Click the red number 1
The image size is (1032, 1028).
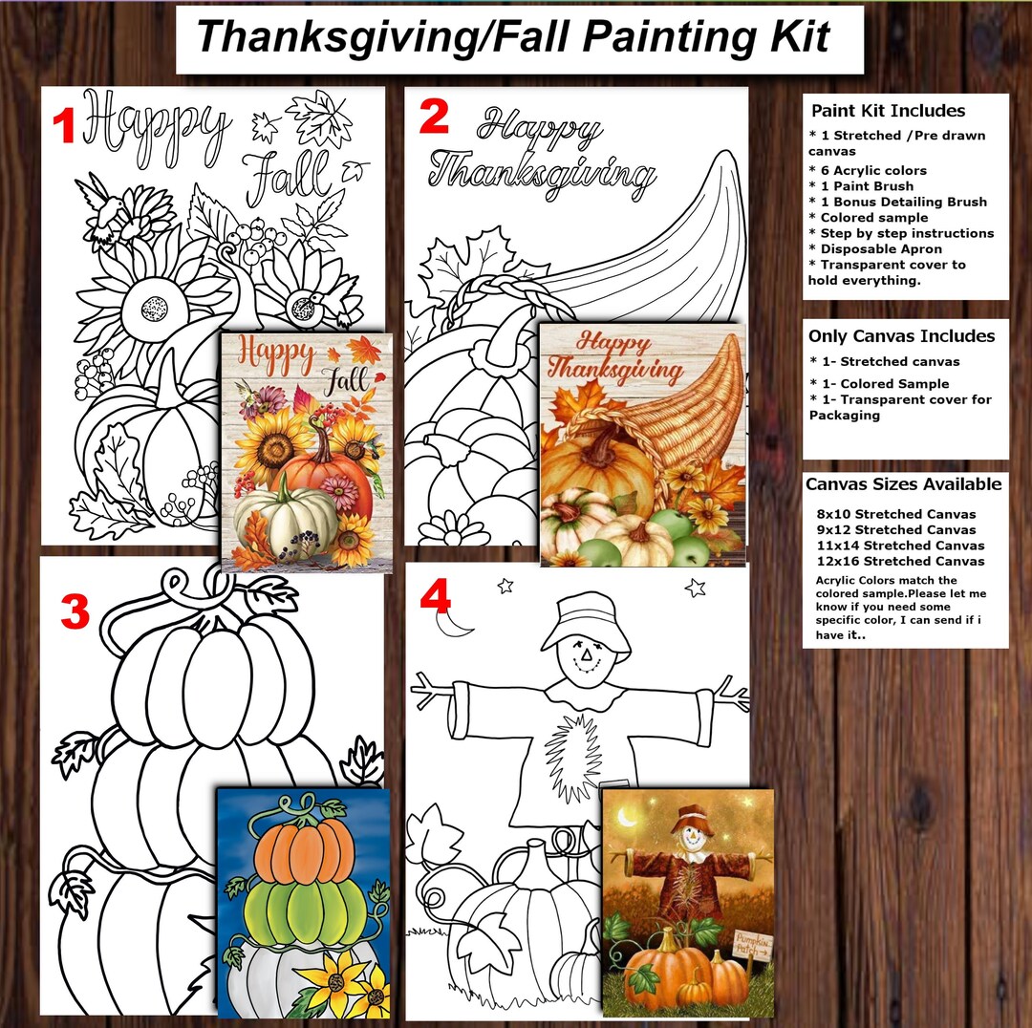[63, 126]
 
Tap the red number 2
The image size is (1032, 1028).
[433, 117]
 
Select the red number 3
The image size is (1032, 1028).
[75, 612]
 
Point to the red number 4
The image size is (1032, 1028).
[435, 597]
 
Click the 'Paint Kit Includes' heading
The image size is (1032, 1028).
[888, 111]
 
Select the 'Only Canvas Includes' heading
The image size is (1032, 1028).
[901, 336]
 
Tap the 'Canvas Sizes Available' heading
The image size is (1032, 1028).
[903, 484]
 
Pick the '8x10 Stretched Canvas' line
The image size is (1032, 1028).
[896, 514]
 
